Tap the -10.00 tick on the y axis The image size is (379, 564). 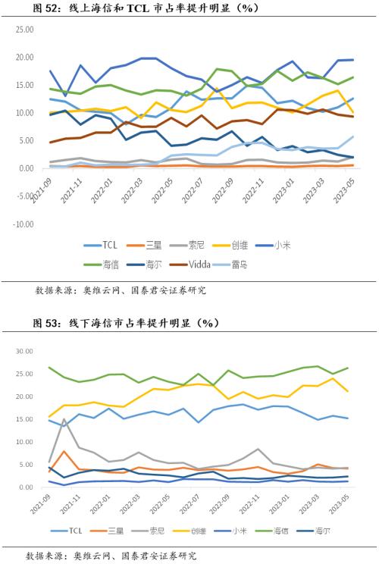click(24, 224)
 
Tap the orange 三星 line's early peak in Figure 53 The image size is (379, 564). click(64, 451)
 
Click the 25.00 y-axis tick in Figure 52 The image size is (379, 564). click(24, 58)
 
